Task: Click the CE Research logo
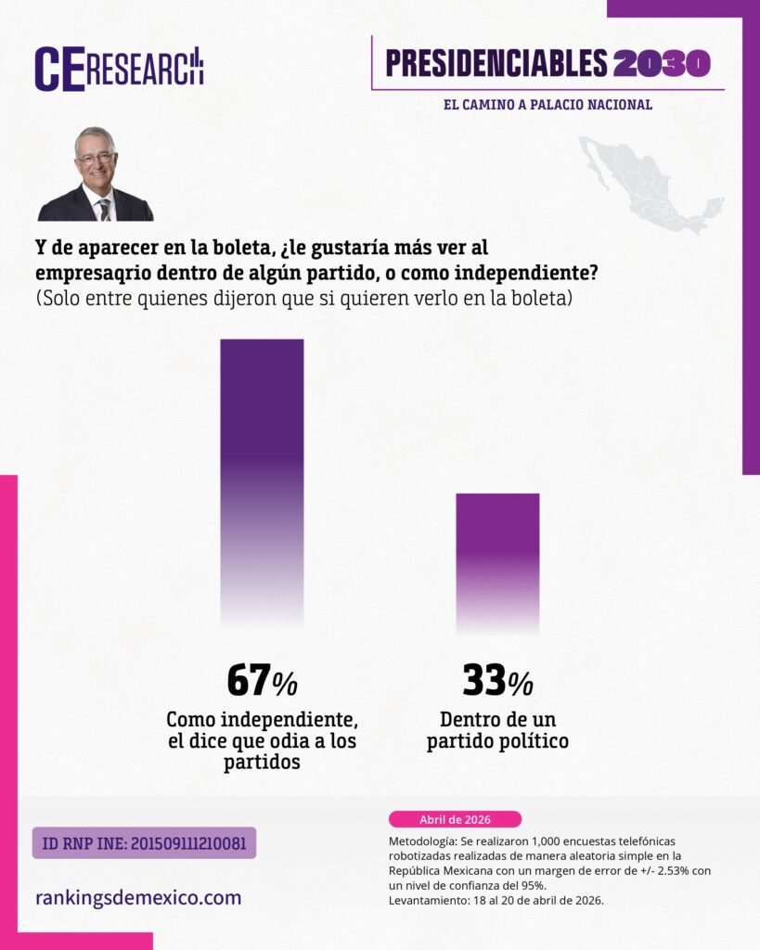click(119, 69)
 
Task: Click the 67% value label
click(262, 682)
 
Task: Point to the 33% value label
click(497, 682)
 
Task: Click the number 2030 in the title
click(662, 63)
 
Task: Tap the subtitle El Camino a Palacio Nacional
click(547, 105)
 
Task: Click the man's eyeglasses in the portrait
click(96, 158)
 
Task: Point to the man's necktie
click(104, 210)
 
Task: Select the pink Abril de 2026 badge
click(455, 819)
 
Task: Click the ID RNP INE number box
click(144, 842)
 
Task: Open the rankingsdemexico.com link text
click(138, 897)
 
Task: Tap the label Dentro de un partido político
click(497, 730)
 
